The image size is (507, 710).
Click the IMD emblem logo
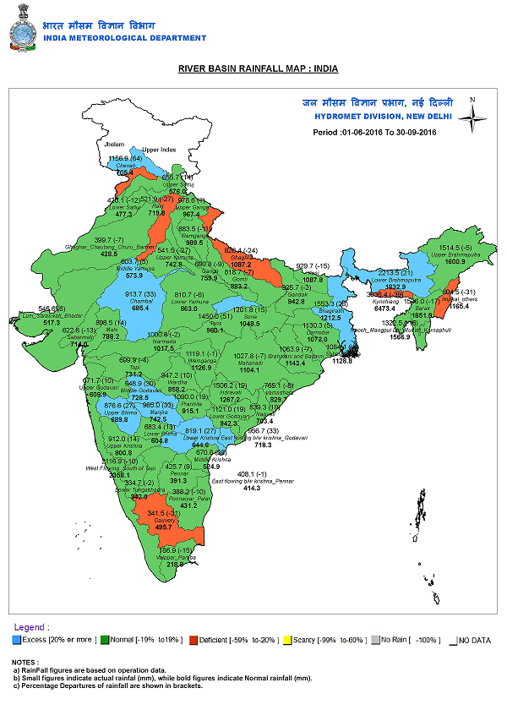point(24,27)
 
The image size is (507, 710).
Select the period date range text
point(374,133)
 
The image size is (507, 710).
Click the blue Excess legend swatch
point(17,640)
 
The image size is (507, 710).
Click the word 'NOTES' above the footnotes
point(25,662)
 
